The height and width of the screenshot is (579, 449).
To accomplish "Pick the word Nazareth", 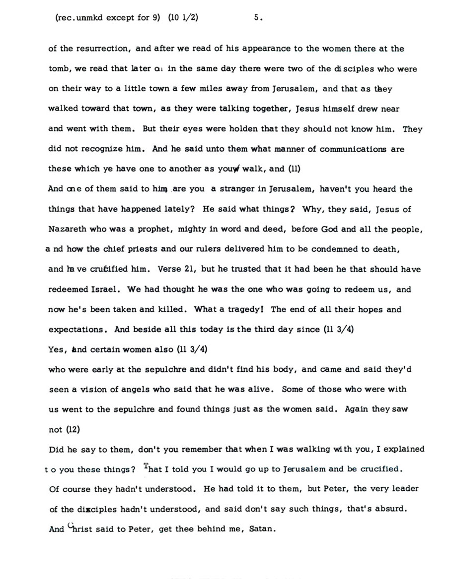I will (68, 229).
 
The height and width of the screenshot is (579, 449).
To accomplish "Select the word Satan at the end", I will (261, 529).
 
